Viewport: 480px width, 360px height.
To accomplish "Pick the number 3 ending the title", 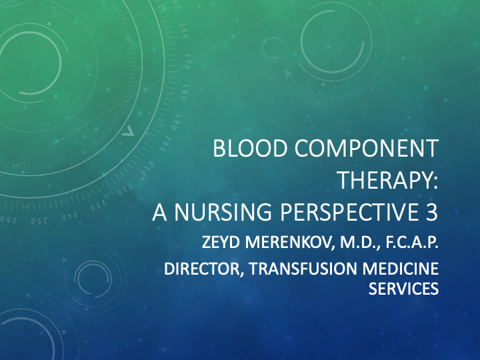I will (x=431, y=211).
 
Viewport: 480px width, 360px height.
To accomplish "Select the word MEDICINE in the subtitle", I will (x=401, y=270).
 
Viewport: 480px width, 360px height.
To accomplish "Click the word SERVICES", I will (x=403, y=289).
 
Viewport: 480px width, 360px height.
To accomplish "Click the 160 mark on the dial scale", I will (x=184, y=30).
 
